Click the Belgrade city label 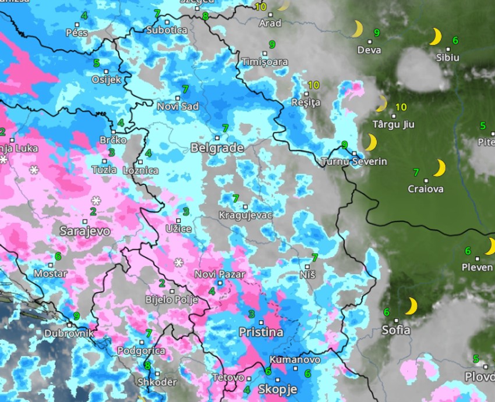217,148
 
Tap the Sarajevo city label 84,231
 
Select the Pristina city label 261,332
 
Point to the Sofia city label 395,330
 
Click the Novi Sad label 178,106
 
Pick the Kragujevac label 245,215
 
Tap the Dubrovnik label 69,334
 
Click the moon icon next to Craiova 440,168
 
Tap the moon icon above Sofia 412,306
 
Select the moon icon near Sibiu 434,37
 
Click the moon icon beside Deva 357,29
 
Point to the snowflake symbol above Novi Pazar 179,262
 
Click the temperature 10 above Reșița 313,85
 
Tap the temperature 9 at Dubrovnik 76,316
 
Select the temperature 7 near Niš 314,257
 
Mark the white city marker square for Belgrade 217,138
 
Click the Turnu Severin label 354,162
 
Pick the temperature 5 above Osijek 96,63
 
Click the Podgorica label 141,351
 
